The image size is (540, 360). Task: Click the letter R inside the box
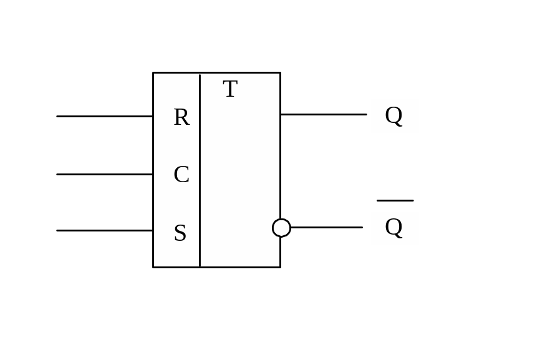tap(181, 117)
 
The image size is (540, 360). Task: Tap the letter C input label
tap(181, 175)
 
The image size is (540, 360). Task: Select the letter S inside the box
tap(180, 233)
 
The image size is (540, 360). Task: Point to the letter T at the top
tap(230, 89)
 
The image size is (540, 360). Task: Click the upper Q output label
tap(394, 115)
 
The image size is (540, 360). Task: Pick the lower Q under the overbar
tap(394, 227)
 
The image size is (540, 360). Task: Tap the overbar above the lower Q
tap(395, 200)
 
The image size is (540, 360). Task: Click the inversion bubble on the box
tap(281, 228)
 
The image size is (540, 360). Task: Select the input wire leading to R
tap(105, 116)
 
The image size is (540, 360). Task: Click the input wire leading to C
tap(105, 174)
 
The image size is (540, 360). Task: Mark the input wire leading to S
tap(105, 230)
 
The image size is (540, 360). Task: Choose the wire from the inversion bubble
tap(326, 227)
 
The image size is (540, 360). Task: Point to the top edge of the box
tap(216, 72)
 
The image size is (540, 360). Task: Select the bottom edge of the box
tap(216, 267)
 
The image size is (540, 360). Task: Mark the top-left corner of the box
tap(153, 72)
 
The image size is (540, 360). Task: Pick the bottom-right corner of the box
tap(280, 267)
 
